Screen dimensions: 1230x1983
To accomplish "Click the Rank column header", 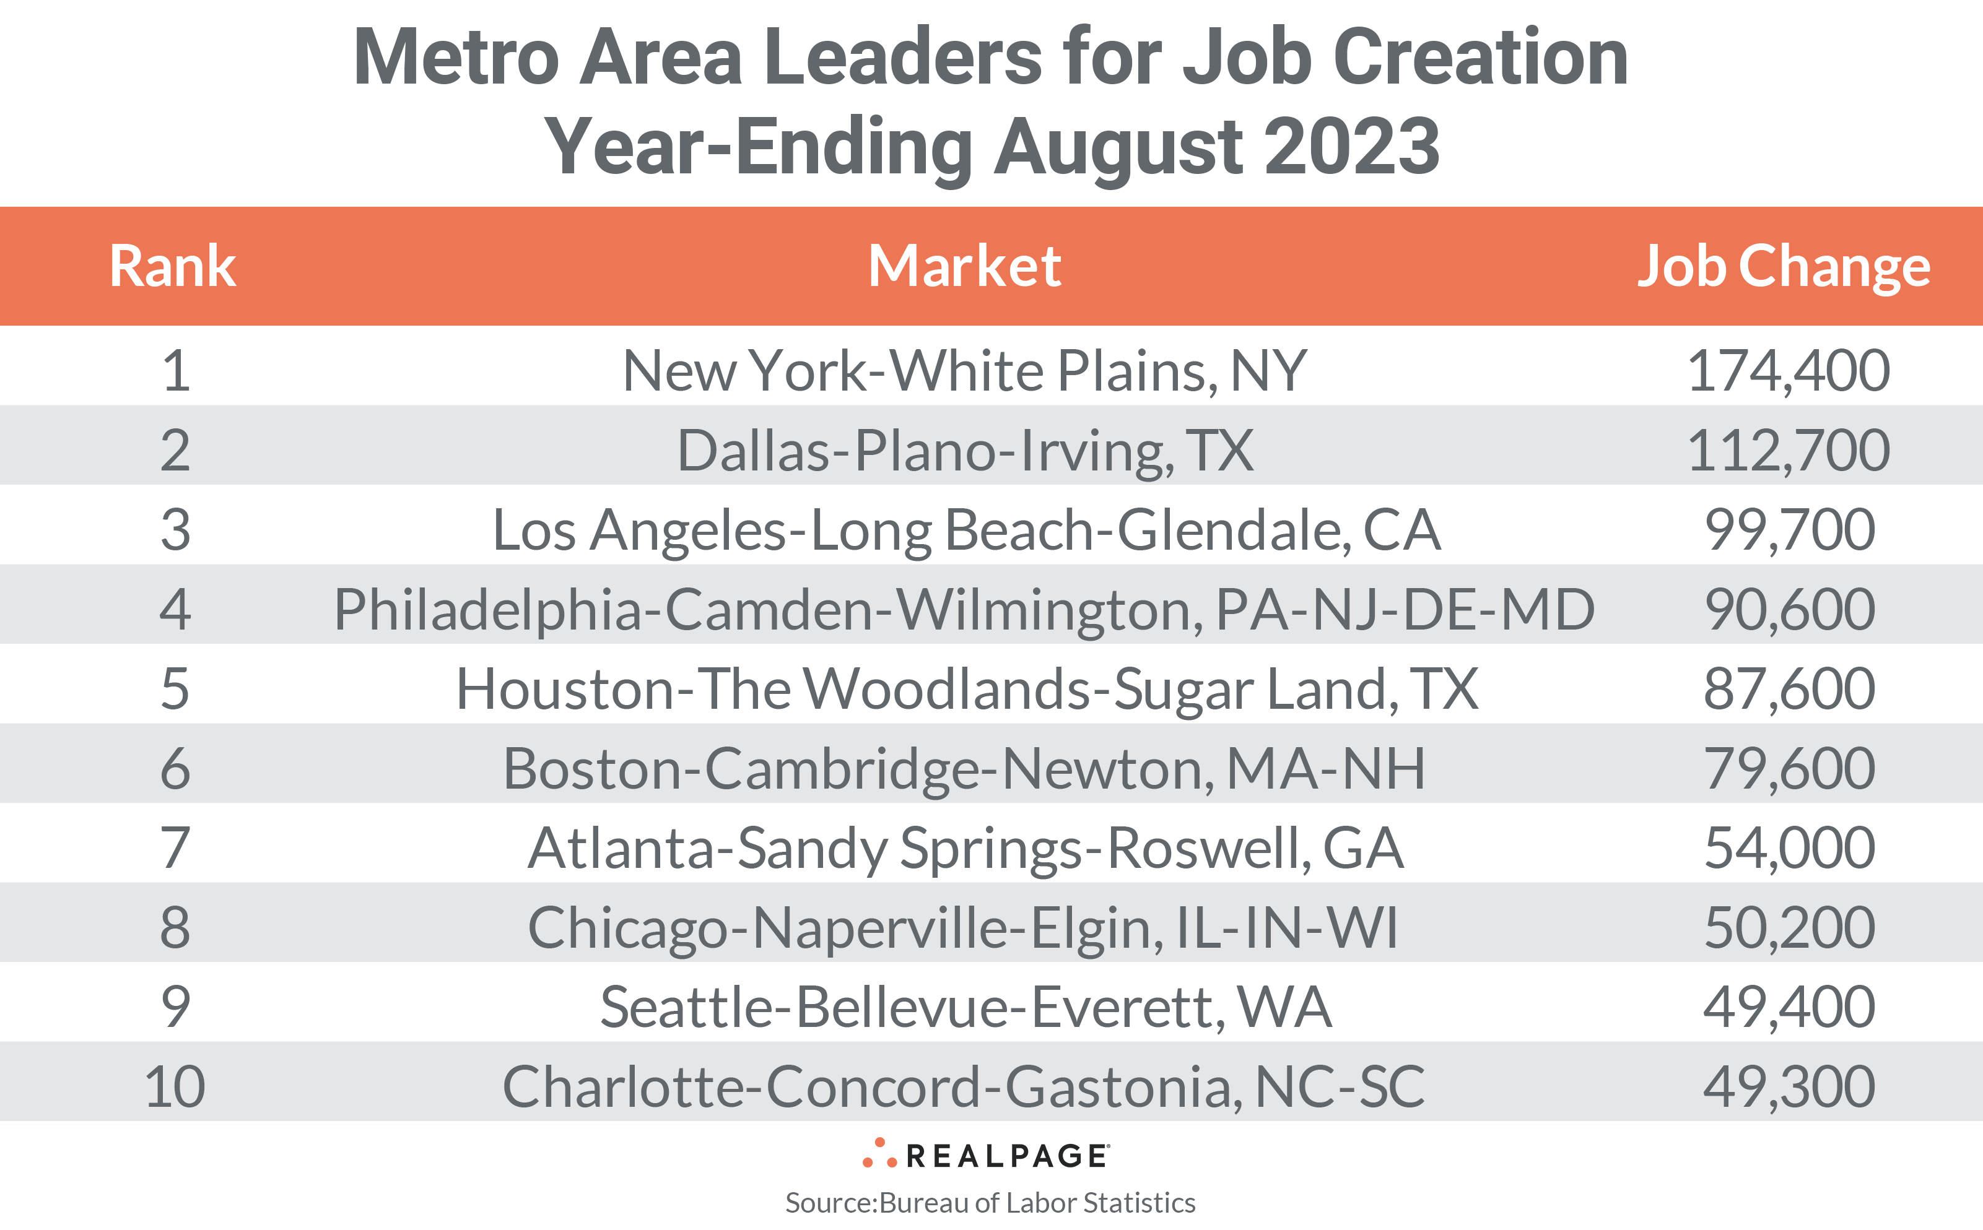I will (173, 266).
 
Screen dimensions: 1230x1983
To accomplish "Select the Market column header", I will (964, 266).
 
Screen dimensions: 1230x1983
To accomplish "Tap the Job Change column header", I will (1783, 266).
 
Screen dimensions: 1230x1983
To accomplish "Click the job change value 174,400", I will (1788, 371).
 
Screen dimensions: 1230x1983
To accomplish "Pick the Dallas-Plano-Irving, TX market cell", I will (965, 451).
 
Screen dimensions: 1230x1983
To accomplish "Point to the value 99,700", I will (1789, 530).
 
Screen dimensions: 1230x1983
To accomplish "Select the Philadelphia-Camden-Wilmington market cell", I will (964, 609).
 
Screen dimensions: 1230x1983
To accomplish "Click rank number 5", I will (175, 689).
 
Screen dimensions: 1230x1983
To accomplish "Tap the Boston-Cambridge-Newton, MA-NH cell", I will (964, 769).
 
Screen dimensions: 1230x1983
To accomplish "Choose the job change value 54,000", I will (1789, 847).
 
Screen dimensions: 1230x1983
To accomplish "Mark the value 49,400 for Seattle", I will (1789, 1007).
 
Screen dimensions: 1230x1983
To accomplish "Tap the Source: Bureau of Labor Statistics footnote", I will (990, 1202).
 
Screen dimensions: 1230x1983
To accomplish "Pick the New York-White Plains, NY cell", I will (964, 371).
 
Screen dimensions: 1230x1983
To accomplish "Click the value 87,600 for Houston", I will (1789, 689).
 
